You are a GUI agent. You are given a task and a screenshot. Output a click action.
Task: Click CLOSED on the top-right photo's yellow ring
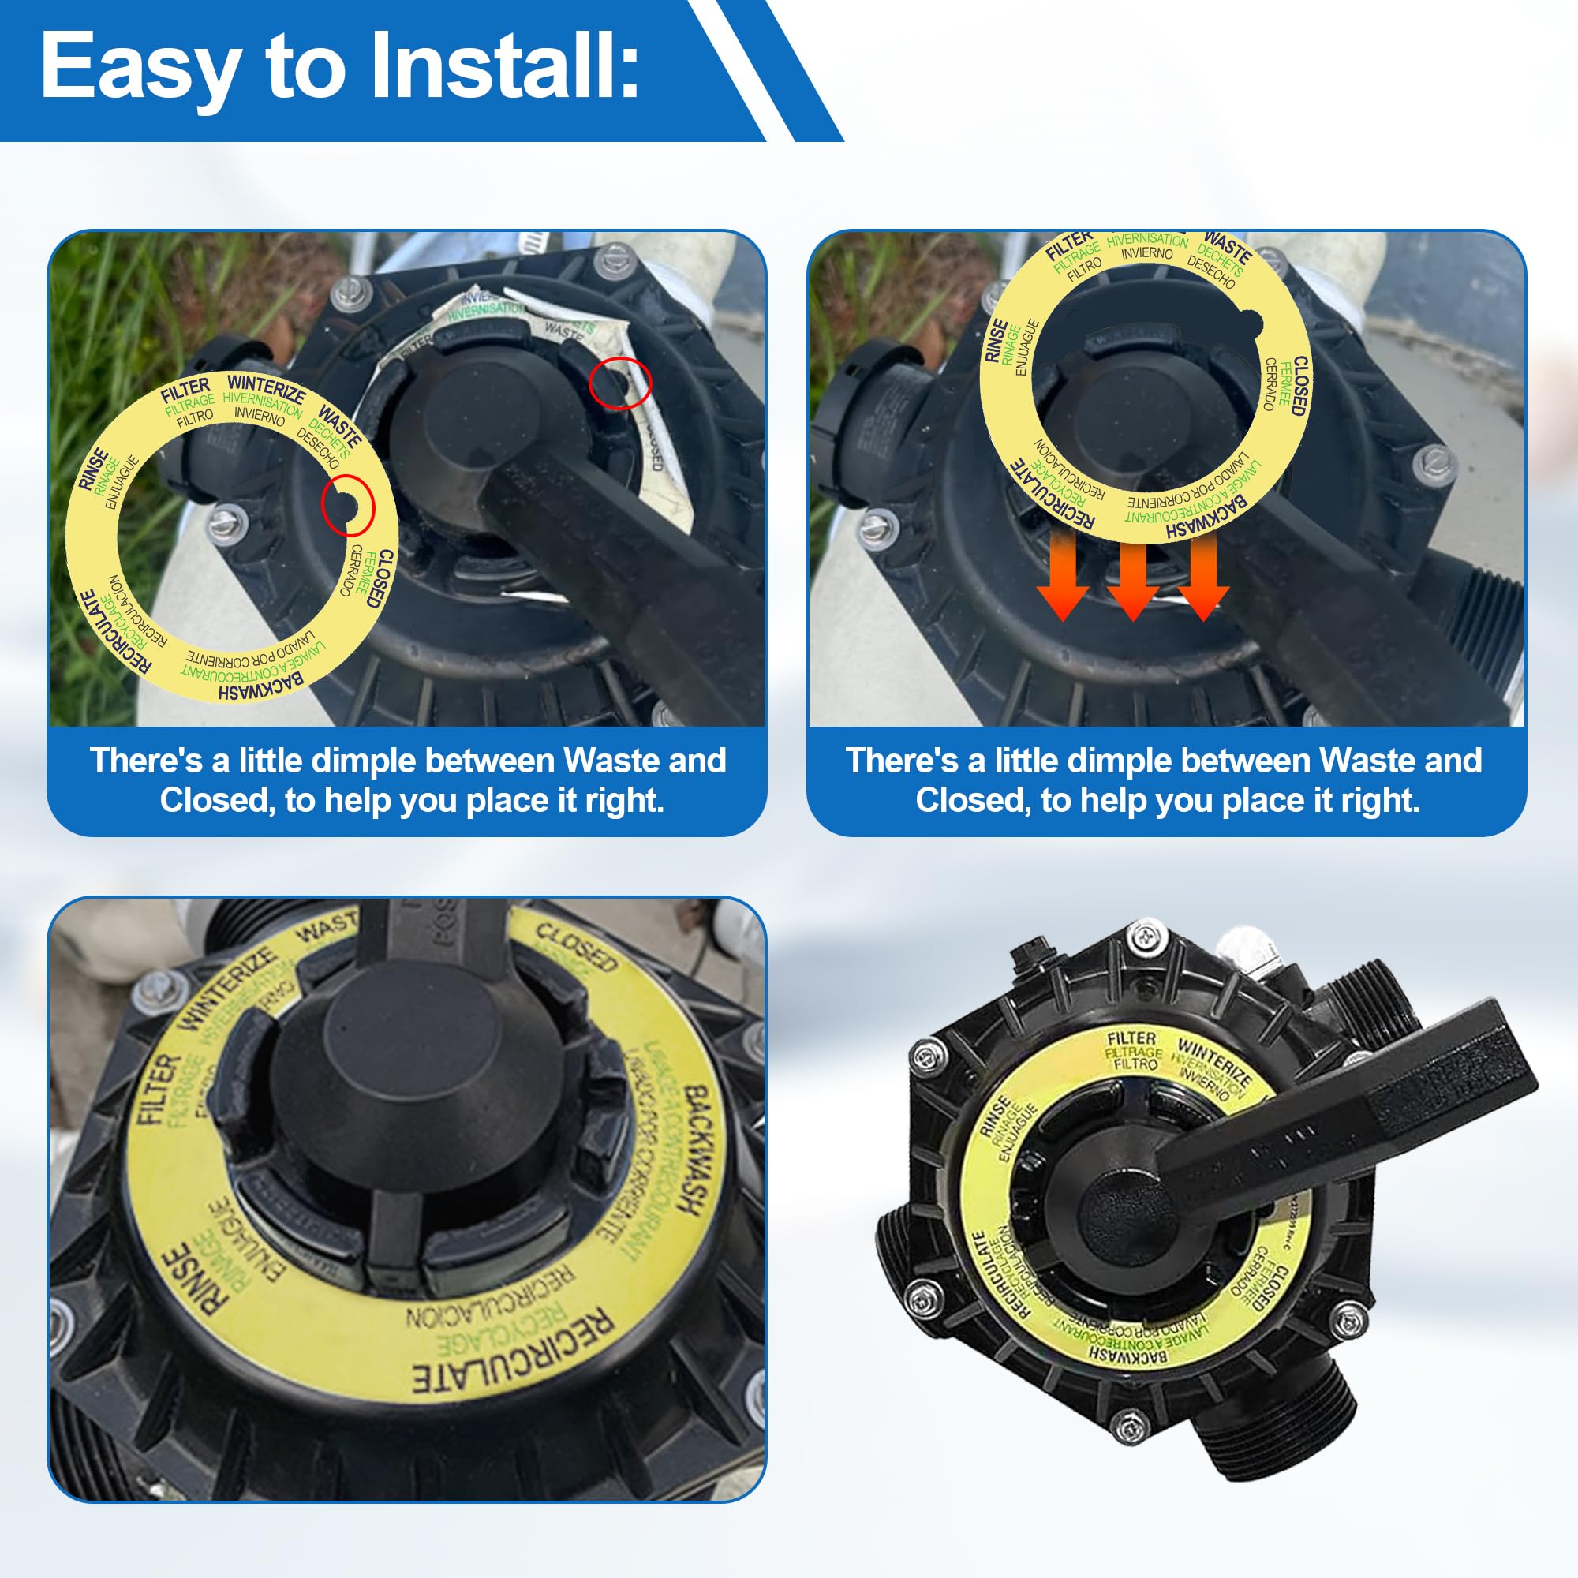[x=1299, y=386]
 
